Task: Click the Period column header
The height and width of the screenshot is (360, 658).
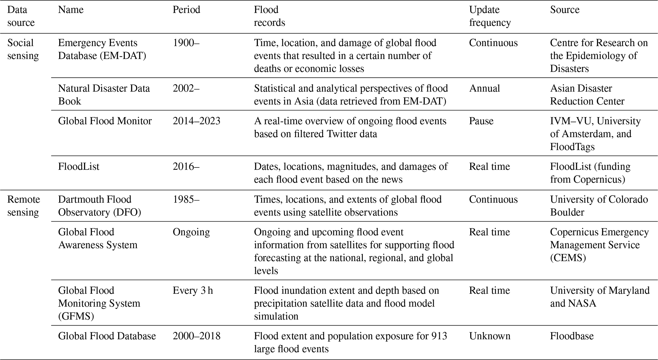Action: point(186,10)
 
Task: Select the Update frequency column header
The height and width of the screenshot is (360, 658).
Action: point(490,16)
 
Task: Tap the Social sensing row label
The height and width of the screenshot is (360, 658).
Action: point(23,49)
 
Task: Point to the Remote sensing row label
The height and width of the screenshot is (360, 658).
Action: point(24,206)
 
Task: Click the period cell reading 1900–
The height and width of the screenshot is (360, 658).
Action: point(186,43)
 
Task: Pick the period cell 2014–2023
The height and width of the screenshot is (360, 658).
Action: point(196,121)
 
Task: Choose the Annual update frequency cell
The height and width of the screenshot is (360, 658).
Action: point(484,88)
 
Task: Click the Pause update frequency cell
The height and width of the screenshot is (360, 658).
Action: point(481,121)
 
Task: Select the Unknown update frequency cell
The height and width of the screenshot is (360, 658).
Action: point(489,336)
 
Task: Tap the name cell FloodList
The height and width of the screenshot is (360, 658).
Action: point(79,167)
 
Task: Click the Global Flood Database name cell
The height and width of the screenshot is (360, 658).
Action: point(107,336)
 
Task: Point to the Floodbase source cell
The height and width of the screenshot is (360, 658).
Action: point(572,336)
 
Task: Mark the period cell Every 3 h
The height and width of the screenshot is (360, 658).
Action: point(193,291)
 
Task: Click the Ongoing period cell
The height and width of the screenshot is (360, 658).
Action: point(191,232)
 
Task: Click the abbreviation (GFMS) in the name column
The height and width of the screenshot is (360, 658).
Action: point(76,316)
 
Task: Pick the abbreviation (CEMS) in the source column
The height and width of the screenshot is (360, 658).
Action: point(568,258)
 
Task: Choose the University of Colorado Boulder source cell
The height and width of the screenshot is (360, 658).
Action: point(598,206)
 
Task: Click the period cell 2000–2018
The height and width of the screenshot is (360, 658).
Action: point(196,336)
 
